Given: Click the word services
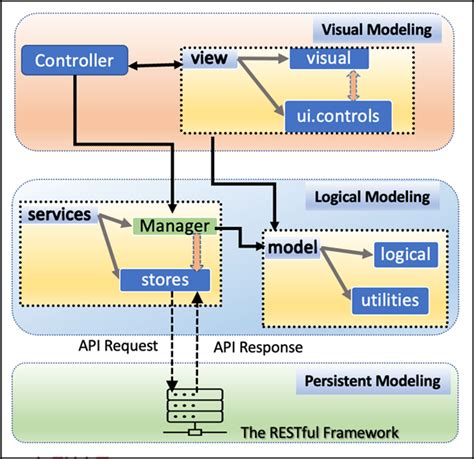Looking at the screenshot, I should [60, 215].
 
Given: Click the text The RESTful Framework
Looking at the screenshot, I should [320, 432].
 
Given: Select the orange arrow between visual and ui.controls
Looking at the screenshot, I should [350, 88].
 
